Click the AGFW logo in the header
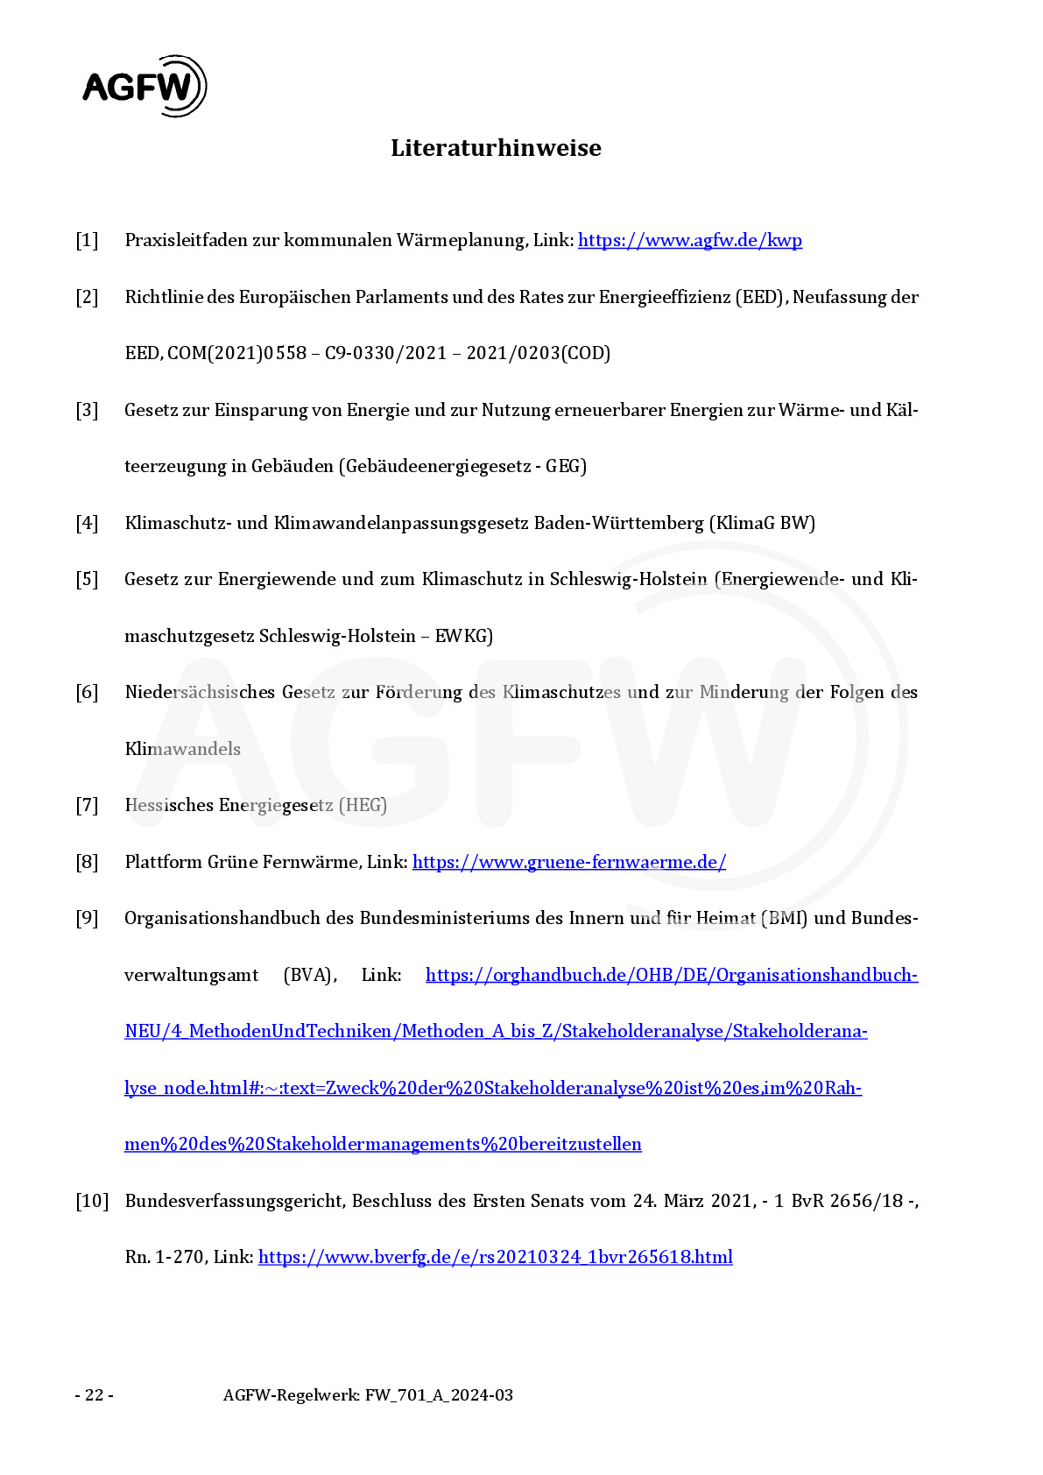[x=144, y=86]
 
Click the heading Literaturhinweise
[x=496, y=147]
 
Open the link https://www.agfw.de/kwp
[x=689, y=240]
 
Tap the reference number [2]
[x=87, y=297]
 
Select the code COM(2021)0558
[x=236, y=353]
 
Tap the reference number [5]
[x=87, y=579]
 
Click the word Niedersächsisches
[x=200, y=692]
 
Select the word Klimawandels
[x=182, y=749]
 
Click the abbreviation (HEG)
[x=363, y=805]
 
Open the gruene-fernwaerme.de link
[x=568, y=862]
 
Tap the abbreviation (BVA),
[x=310, y=975]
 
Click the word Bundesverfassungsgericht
[x=235, y=1201]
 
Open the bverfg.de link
[x=495, y=1257]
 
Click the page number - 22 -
[x=94, y=1395]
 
